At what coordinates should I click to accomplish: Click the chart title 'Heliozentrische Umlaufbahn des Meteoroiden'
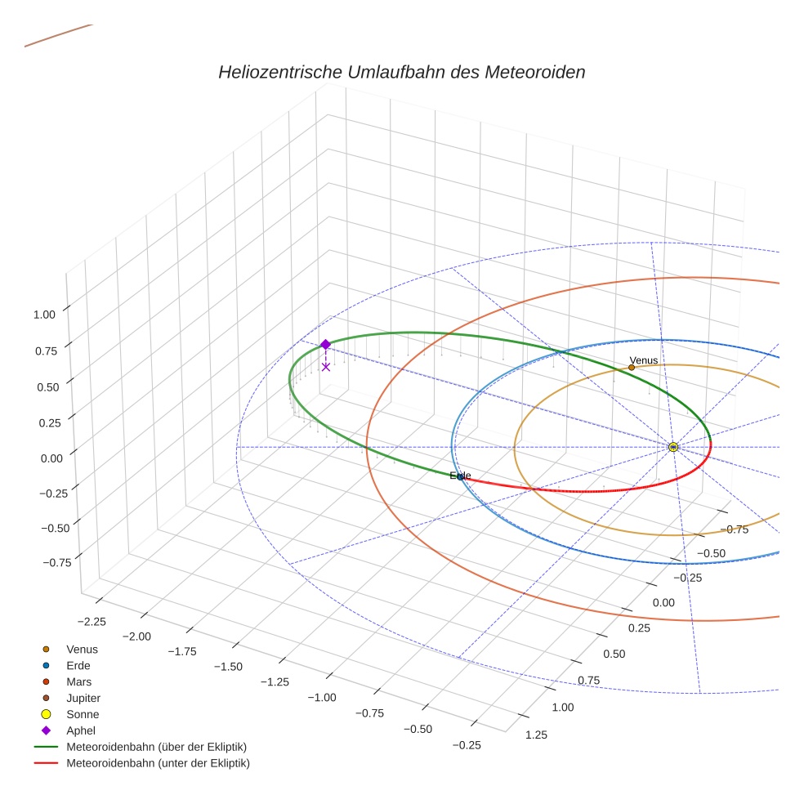point(401,72)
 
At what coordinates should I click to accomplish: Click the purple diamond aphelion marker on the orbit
point(325,345)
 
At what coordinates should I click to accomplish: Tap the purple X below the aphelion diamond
point(326,367)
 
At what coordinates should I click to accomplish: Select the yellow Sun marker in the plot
point(672,447)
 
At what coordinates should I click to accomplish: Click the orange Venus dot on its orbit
point(632,368)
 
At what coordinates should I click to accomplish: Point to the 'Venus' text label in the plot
point(643,360)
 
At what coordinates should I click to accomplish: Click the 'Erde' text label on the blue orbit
point(461,476)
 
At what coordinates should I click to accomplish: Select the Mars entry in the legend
point(78,681)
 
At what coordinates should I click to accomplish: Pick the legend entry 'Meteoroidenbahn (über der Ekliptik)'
point(156,747)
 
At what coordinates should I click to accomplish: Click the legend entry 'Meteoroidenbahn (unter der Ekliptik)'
point(158,763)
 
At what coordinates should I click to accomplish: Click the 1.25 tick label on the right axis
point(535,734)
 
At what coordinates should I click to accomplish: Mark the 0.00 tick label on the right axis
point(663,602)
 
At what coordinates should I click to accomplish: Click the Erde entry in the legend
point(78,665)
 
